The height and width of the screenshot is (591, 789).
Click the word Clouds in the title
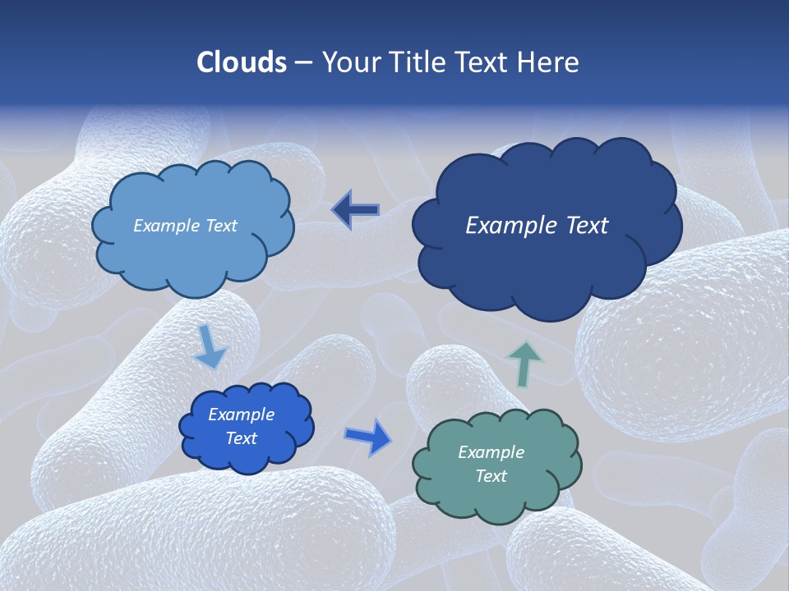pyautogui.click(x=242, y=62)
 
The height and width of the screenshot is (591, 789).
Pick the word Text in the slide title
pyautogui.click(x=482, y=62)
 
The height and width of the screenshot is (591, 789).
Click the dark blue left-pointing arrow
pyautogui.click(x=355, y=210)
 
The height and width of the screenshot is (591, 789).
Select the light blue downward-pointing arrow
pyautogui.click(x=210, y=346)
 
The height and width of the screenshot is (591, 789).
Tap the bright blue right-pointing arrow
pyautogui.click(x=368, y=437)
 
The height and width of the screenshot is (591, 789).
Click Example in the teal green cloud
pyautogui.click(x=491, y=452)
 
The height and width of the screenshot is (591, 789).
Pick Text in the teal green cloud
pyautogui.click(x=491, y=476)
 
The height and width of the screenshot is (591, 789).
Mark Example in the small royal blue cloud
pyautogui.click(x=241, y=415)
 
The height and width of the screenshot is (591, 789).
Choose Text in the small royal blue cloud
pyautogui.click(x=241, y=438)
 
